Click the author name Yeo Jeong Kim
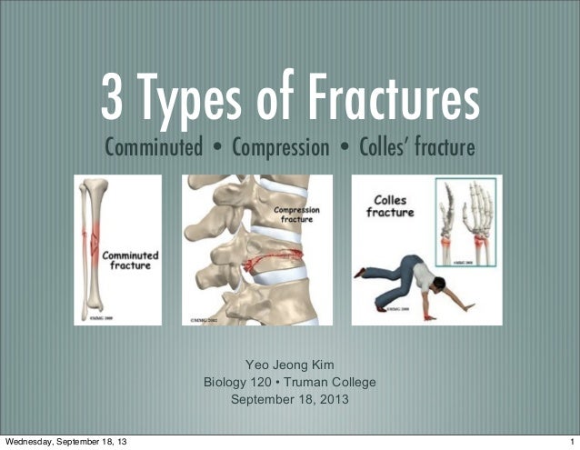pyautogui.click(x=290, y=365)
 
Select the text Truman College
pyautogui.click(x=331, y=382)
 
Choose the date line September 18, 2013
pyautogui.click(x=290, y=399)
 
